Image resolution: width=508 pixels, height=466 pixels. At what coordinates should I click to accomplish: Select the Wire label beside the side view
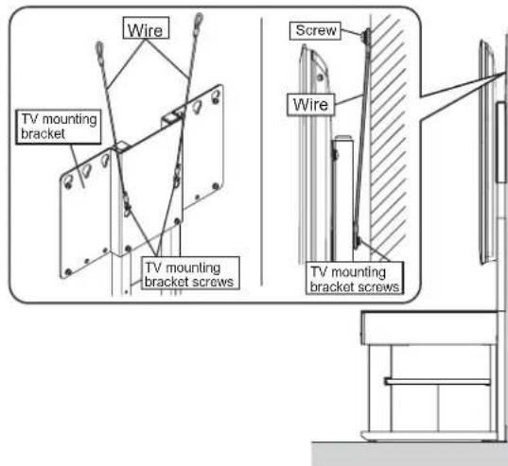click(312, 105)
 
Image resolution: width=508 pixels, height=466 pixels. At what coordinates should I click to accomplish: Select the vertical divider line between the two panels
click(260, 151)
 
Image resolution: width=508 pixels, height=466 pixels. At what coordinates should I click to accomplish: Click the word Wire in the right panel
click(312, 105)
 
